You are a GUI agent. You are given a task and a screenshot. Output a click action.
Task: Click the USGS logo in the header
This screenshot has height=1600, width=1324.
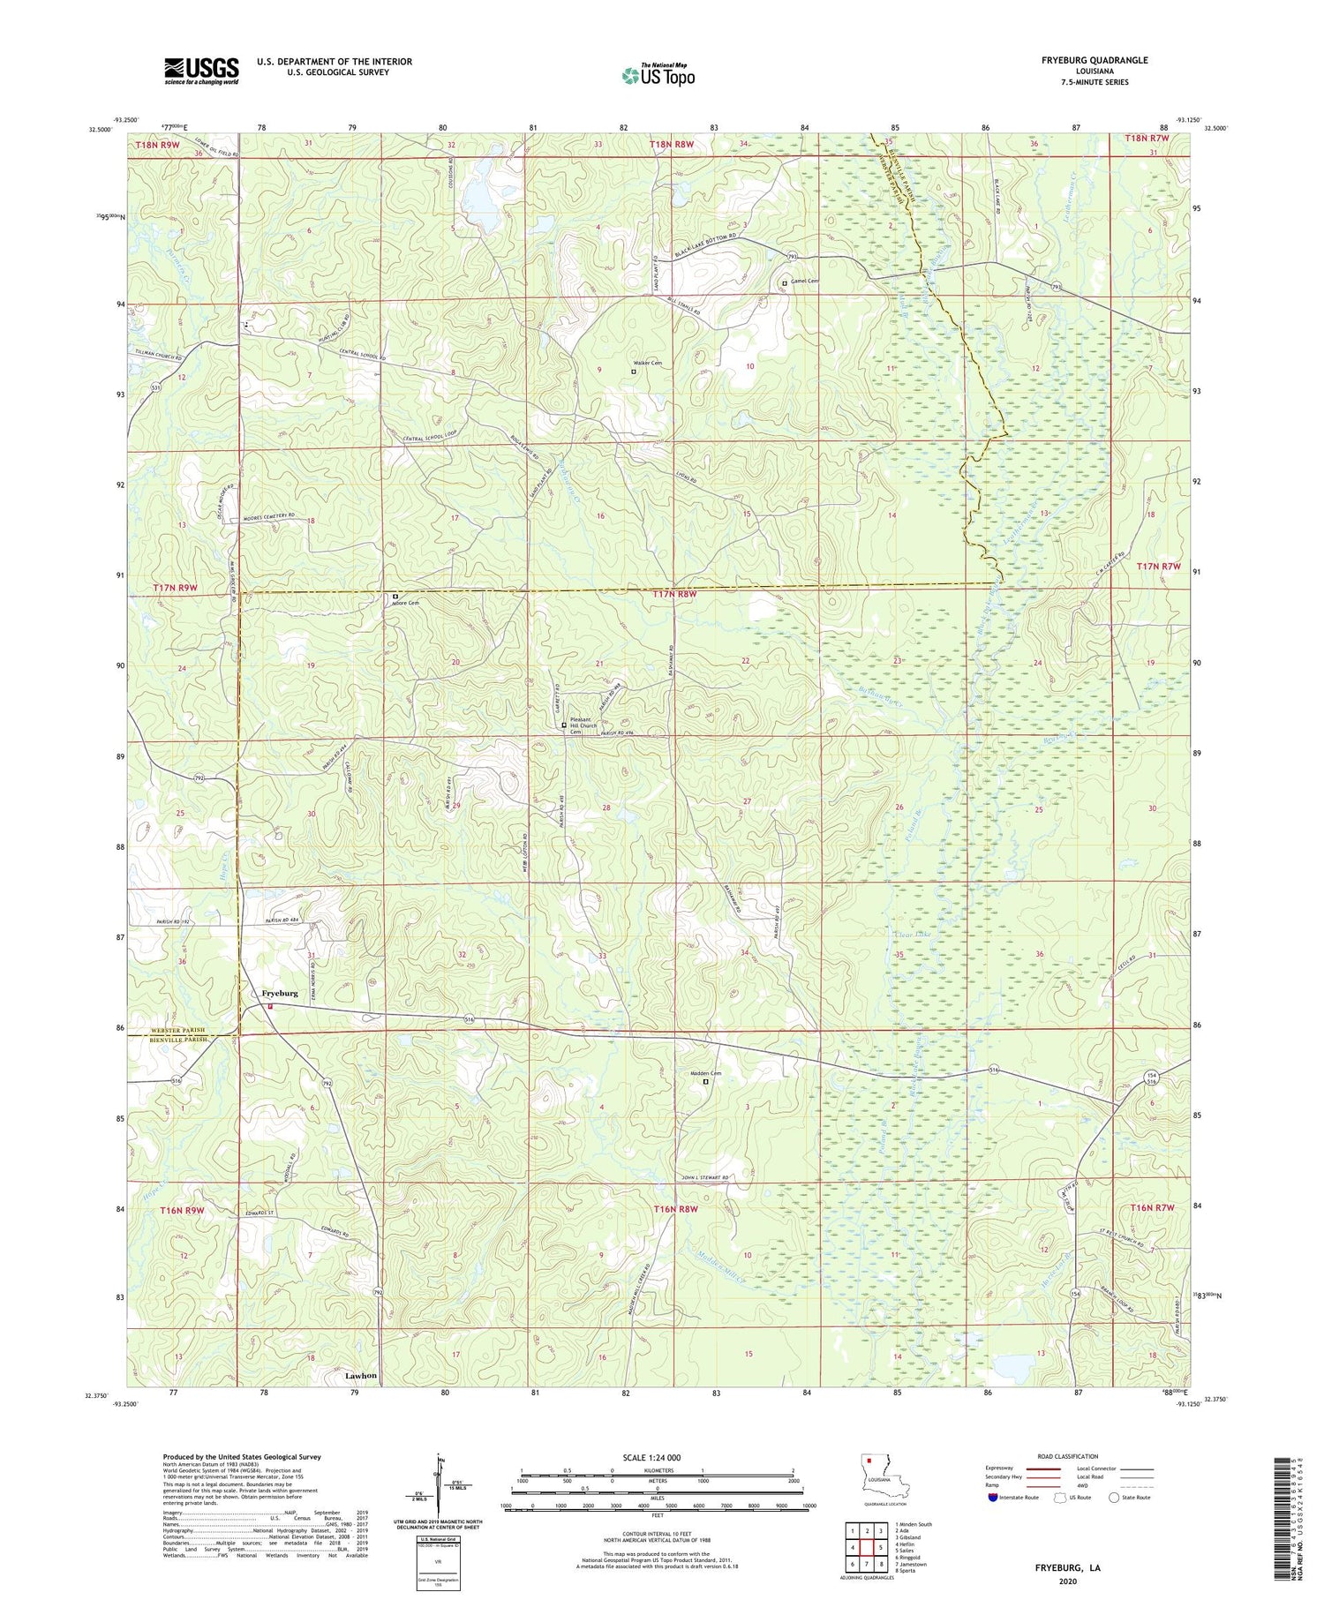201,71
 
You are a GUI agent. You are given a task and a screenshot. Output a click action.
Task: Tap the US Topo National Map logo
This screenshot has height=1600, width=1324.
658,75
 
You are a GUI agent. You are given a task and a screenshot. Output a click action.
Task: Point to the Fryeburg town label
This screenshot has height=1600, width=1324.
280,993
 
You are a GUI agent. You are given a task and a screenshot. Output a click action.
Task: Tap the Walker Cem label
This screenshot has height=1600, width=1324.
647,364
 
